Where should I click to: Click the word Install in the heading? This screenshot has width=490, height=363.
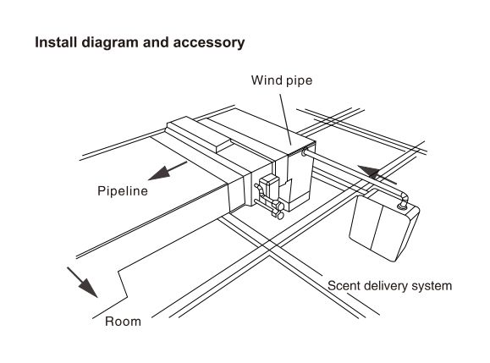coord(56,42)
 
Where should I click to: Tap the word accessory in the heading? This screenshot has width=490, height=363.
coord(209,43)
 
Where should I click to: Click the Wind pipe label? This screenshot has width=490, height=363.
coord(282,80)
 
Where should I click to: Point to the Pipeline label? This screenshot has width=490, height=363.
coord(123,191)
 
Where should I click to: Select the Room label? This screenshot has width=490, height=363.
coord(123,322)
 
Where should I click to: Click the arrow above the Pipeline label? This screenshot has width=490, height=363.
coord(168,171)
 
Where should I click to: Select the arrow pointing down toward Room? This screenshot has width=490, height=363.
coord(82,282)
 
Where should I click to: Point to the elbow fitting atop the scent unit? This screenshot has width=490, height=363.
coord(403,201)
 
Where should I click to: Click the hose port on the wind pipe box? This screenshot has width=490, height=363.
coord(304,153)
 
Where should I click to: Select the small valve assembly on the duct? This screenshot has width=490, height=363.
coord(269,197)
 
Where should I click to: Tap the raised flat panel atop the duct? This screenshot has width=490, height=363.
coord(201,134)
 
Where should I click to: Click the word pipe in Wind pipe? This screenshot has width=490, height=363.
coord(298,81)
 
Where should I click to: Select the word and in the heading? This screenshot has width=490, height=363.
coord(156,42)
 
